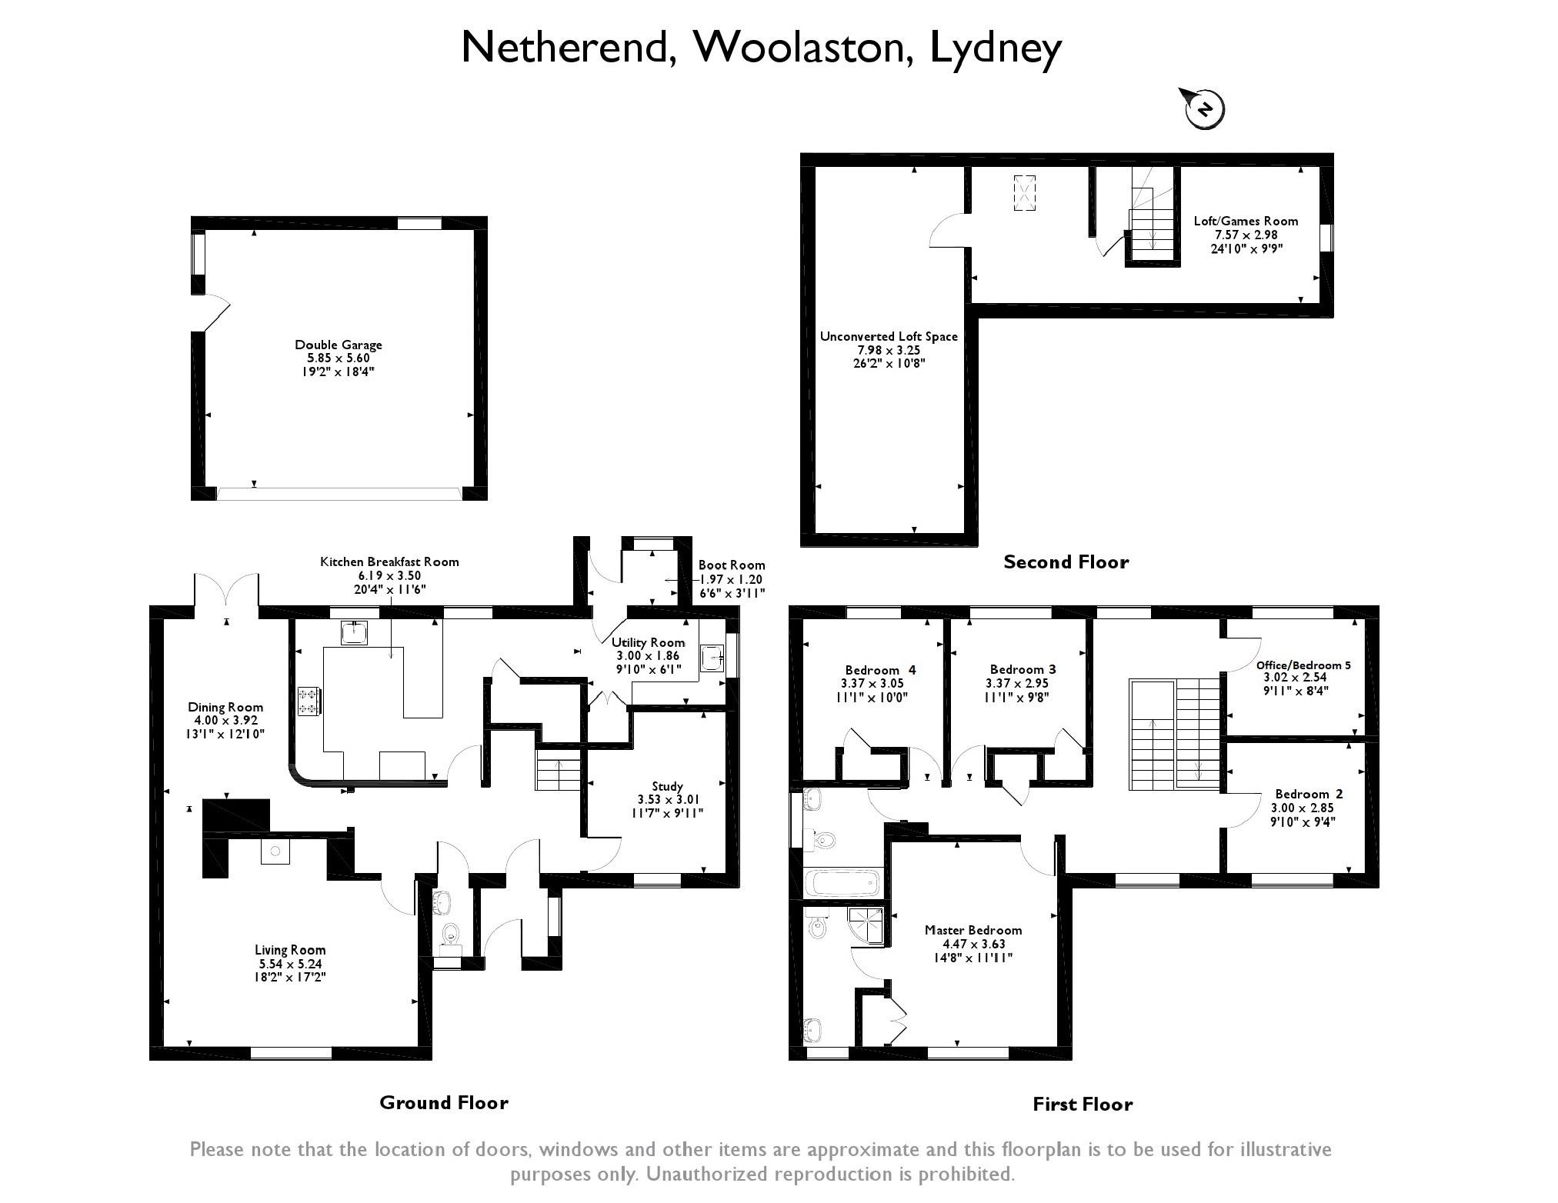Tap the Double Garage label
[339, 345]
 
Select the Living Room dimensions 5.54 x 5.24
[290, 964]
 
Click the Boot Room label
[731, 565]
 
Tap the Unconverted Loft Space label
[889, 337]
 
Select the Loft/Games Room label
[1246, 222]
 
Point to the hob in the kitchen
[309, 701]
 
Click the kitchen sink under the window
[355, 632]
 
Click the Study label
[667, 786]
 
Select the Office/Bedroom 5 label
[1303, 665]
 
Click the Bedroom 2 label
[1309, 794]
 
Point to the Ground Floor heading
[444, 1103]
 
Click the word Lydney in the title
[996, 48]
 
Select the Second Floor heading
[1066, 562]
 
